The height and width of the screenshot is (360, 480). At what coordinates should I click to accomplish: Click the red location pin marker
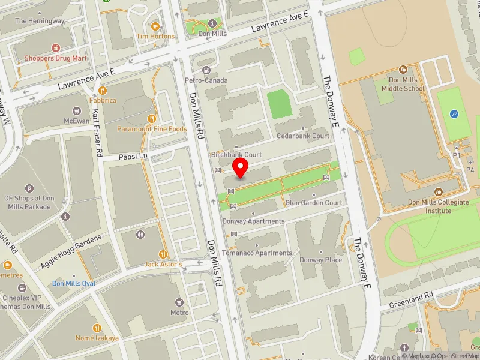pos(241,168)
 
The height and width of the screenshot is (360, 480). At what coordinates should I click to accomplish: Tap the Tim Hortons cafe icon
pos(155,26)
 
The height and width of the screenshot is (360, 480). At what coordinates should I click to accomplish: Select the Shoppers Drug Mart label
pos(55,58)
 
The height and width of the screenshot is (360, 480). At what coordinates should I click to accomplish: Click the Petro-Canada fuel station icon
pos(207,70)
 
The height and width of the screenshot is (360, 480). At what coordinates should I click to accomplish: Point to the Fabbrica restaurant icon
pos(103,91)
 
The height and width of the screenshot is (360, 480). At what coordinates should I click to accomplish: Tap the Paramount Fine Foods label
pos(152,129)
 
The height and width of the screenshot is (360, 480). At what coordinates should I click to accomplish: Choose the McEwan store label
pos(76,120)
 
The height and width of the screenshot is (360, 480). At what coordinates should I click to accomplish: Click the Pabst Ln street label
pos(132,156)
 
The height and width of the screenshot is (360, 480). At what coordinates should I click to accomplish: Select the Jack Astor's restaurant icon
pos(163,254)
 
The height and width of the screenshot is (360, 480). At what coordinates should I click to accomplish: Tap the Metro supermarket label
pos(179,313)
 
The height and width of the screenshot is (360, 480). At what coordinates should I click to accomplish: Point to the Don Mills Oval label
pos(73,283)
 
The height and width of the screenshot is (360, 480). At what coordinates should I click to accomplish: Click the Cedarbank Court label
pos(303,136)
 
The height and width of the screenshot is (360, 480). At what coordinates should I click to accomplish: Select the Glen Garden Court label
pos(314,203)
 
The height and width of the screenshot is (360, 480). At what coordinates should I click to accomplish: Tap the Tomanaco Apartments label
pos(257,253)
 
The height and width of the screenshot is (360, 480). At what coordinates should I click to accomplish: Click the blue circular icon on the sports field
pos(454,113)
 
